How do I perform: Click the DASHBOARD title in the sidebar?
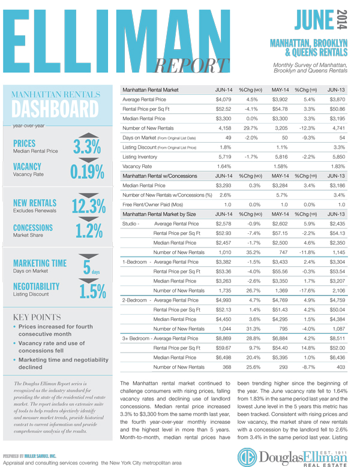[x=55, y=110]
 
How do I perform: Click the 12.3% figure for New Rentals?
[x=88, y=207]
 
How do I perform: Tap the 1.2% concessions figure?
[x=91, y=231]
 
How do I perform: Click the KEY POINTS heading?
[x=37, y=317]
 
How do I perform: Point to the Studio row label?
[x=131, y=223]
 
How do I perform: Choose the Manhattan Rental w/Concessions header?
[x=160, y=176]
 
